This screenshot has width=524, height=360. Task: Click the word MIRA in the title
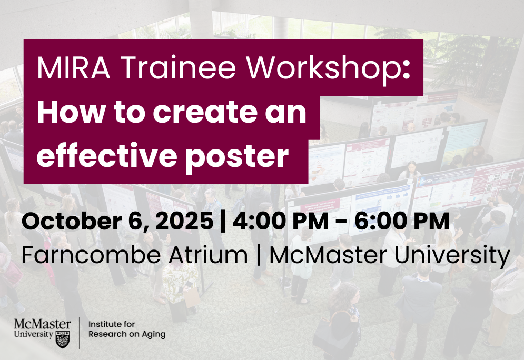click(x=74, y=68)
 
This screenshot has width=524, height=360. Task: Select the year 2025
click(x=184, y=221)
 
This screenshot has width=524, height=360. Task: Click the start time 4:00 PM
click(x=280, y=221)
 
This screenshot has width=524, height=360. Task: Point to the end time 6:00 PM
click(x=402, y=221)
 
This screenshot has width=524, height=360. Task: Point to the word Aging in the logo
click(x=154, y=334)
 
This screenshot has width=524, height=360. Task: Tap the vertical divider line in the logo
click(x=79, y=333)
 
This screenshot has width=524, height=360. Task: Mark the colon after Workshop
click(x=407, y=71)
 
